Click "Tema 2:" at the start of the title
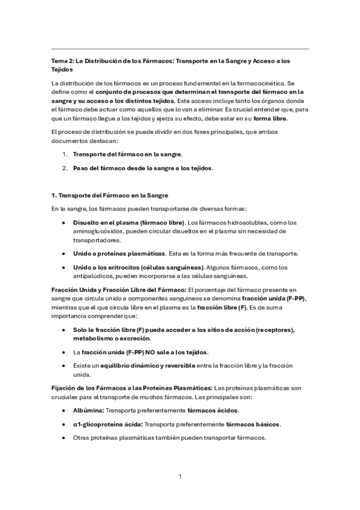tap(61, 61)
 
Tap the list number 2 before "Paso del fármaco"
tap(64, 168)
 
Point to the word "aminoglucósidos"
tap(102, 231)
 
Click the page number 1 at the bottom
tap(180, 477)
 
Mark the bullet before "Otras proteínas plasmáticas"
tap(64, 438)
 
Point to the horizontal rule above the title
tap(180, 49)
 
